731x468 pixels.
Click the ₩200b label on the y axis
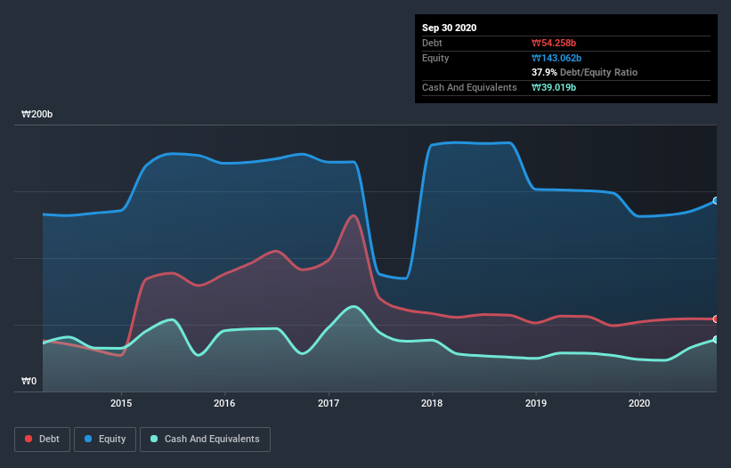37,115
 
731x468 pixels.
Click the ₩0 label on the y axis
29,382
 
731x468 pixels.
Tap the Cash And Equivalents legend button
205,439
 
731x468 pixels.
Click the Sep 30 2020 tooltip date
449,28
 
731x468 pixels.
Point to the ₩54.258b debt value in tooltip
554,43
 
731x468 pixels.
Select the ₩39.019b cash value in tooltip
554,87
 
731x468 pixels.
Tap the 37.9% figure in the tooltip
544,72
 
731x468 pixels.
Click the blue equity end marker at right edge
716,201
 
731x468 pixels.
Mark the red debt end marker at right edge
716,319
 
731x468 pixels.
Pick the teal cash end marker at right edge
716,340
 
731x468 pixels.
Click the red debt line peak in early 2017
354,215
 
